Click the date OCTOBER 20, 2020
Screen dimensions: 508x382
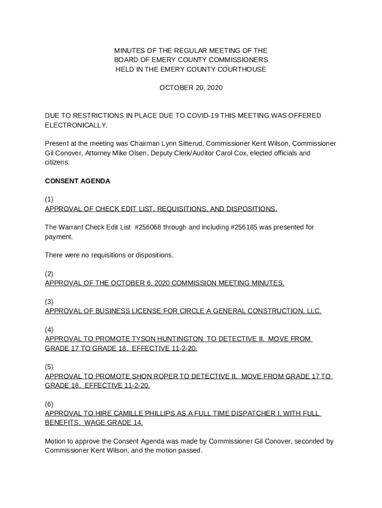[x=191, y=88]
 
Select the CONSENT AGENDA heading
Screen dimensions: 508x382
[x=77, y=181]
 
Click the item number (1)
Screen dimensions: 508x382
[x=49, y=199]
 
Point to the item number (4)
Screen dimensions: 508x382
[x=49, y=330]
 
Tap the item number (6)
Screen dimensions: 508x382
[x=49, y=404]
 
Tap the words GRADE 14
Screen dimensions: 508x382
[x=128, y=423]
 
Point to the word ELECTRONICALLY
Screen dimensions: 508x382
[x=76, y=125]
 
